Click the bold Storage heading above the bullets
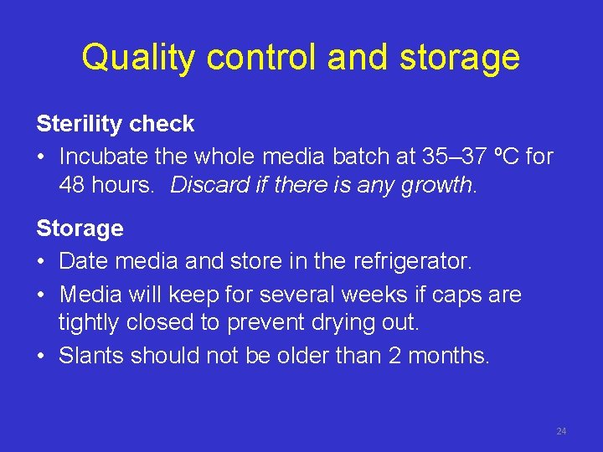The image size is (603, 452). (80, 229)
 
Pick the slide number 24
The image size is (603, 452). (561, 431)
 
